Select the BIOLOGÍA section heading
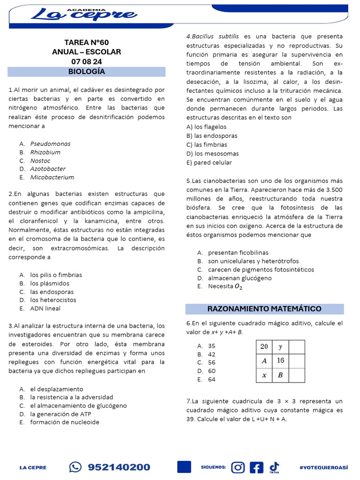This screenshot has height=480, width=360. click(x=87, y=72)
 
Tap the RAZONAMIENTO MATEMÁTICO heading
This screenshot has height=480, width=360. click(x=264, y=308)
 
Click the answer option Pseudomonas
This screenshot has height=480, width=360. click(x=50, y=144)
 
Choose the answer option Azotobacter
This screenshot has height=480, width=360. click(x=48, y=169)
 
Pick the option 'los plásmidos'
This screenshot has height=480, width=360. click(x=50, y=284)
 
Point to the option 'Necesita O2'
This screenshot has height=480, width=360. click(x=225, y=286)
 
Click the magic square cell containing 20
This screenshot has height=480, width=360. click(x=264, y=346)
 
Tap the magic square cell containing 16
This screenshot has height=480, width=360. click(x=280, y=360)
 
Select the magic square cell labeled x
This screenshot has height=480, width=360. click(x=264, y=375)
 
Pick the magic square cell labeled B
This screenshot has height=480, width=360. click(x=280, y=375)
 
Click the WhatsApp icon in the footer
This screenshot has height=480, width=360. click(x=75, y=467)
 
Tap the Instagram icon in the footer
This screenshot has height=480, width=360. click(x=239, y=467)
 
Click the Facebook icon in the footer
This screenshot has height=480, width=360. click(x=256, y=467)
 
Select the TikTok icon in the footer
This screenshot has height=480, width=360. click(x=274, y=466)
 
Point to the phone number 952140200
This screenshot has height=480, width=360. click(x=119, y=467)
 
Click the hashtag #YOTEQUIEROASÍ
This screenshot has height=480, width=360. click(x=323, y=467)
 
